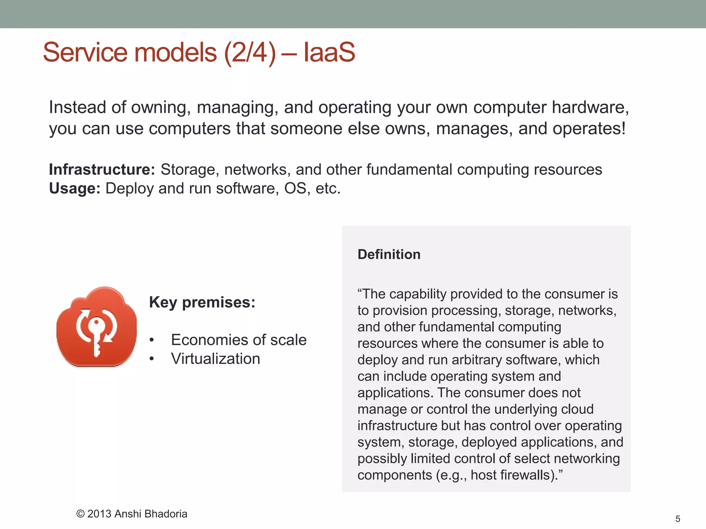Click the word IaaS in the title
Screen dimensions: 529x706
coord(329,52)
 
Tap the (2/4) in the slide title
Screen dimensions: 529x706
coord(250,52)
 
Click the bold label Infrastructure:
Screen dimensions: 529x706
coord(102,169)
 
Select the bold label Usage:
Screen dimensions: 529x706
coord(74,188)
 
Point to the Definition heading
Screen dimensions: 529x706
coord(389,255)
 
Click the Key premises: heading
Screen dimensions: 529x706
coord(202,302)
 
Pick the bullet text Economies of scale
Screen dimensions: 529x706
coord(239,340)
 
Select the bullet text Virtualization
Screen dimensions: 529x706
coord(215,359)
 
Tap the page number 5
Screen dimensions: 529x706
coord(678,519)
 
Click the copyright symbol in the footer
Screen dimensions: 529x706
coord(80,514)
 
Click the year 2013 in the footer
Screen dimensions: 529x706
coord(99,514)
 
